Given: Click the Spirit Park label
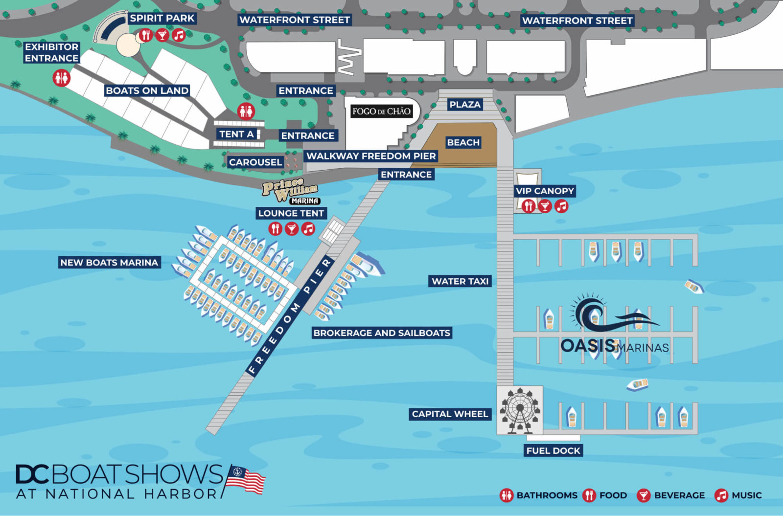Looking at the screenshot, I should coord(162,19).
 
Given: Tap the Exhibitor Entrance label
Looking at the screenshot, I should coord(51,52).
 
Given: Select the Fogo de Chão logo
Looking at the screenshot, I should coord(381,111).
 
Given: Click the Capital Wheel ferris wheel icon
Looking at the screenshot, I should coord(520,410).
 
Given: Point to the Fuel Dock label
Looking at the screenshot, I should coord(553,450).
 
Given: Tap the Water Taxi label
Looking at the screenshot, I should coord(460,281).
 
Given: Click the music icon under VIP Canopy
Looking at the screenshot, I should coord(561,206).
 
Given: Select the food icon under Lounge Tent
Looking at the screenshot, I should coord(276,228).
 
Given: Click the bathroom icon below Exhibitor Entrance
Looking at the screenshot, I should coord(62,78).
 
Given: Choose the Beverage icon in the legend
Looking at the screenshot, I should coord(644,495).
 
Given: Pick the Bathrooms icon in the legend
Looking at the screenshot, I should coord(507,495).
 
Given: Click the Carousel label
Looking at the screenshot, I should coord(255,162).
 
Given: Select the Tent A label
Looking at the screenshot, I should coord(236,134).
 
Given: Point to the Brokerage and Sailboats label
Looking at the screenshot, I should coord(382,333).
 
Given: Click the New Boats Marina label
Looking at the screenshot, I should coord(109,263).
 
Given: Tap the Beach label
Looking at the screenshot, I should coord(463,142).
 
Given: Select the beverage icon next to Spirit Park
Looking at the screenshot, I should coord(162,35).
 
